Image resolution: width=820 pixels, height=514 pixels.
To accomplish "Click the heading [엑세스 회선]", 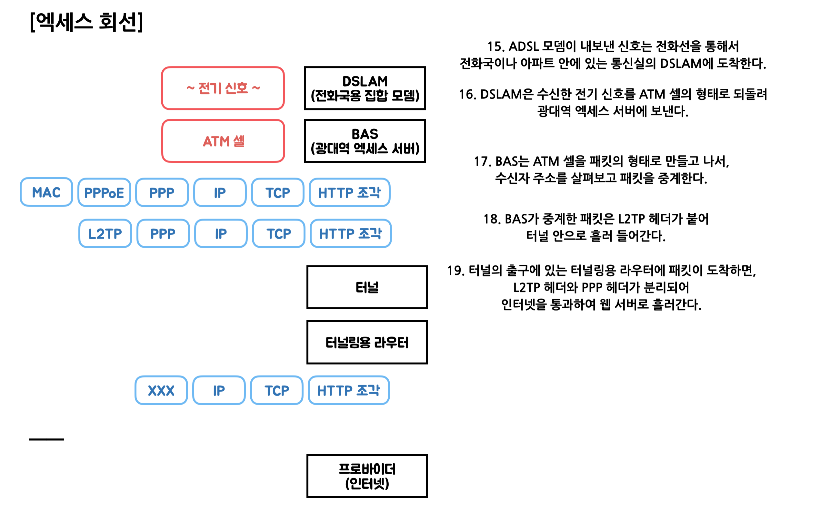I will [86, 22].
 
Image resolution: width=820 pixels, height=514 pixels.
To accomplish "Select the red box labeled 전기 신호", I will [223, 88].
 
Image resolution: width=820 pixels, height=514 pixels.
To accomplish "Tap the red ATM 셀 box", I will [223, 141].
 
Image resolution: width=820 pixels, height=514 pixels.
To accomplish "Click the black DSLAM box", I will [365, 88].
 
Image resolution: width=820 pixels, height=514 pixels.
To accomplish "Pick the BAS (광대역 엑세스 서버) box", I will [365, 141].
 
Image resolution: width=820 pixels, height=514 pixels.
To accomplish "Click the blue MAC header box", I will [46, 192].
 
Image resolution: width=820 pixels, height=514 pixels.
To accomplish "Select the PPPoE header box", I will [104, 193].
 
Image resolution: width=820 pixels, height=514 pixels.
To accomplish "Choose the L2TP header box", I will [105, 234].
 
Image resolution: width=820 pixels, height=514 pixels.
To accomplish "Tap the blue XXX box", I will [161, 391].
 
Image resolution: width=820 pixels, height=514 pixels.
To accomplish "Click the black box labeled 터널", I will [367, 288].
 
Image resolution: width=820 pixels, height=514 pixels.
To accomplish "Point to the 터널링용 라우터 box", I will [367, 342].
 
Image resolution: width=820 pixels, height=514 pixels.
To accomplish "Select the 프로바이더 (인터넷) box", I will [367, 476].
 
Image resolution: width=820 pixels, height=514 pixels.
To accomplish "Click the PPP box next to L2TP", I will [163, 234].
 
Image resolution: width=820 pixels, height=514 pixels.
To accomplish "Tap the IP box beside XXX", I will [219, 391].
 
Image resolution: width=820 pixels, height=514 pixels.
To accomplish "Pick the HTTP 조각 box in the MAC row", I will [349, 193].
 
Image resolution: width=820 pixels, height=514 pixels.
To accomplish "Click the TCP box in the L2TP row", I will [279, 234].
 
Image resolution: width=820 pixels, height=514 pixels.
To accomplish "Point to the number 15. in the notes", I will [495, 46].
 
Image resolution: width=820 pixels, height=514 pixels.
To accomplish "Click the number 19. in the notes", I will [455, 271].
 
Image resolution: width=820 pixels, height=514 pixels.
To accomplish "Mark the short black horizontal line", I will [46, 439].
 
